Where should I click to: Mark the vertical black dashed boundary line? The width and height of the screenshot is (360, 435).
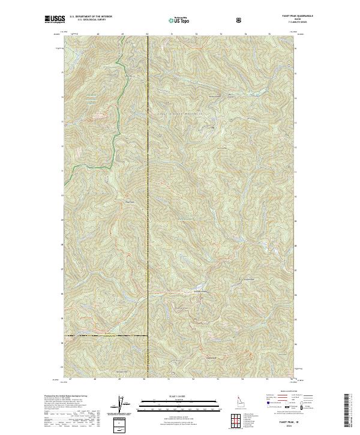click(148, 180)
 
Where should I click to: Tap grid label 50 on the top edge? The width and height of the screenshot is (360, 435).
click(148, 35)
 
